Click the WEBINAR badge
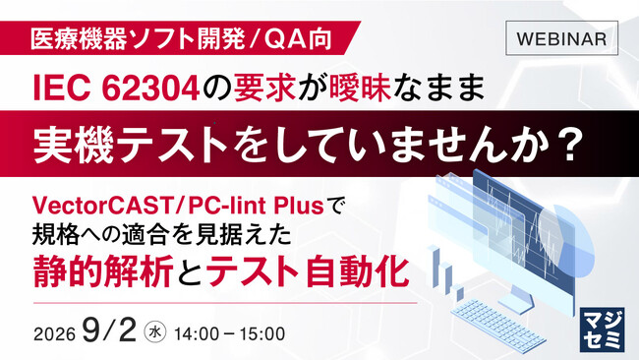click(561, 38)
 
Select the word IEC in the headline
click(61, 89)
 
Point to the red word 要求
click(265, 89)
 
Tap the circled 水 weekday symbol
click(155, 332)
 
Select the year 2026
click(55, 334)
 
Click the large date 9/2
click(109, 330)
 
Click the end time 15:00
click(262, 333)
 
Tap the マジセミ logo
click(602, 330)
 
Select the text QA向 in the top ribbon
click(298, 39)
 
